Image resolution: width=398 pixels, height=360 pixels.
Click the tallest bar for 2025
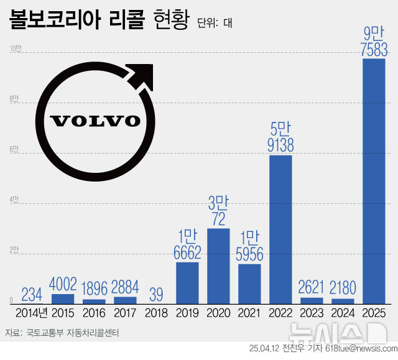click(374, 180)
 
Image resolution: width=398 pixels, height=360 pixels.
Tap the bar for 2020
click(218, 265)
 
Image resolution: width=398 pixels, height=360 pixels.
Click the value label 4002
click(63, 285)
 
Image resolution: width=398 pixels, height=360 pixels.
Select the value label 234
click(32, 293)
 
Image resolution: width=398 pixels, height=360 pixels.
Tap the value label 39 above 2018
click(156, 293)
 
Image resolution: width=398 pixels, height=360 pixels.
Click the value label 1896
click(94, 289)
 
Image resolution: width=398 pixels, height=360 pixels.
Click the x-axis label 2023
click(312, 313)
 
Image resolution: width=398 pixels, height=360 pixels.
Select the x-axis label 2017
click(125, 313)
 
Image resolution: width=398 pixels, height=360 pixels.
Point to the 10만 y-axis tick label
click(13, 48)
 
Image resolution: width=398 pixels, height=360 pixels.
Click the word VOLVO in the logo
click(95, 120)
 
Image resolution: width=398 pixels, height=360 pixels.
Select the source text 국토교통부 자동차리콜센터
click(73, 333)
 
